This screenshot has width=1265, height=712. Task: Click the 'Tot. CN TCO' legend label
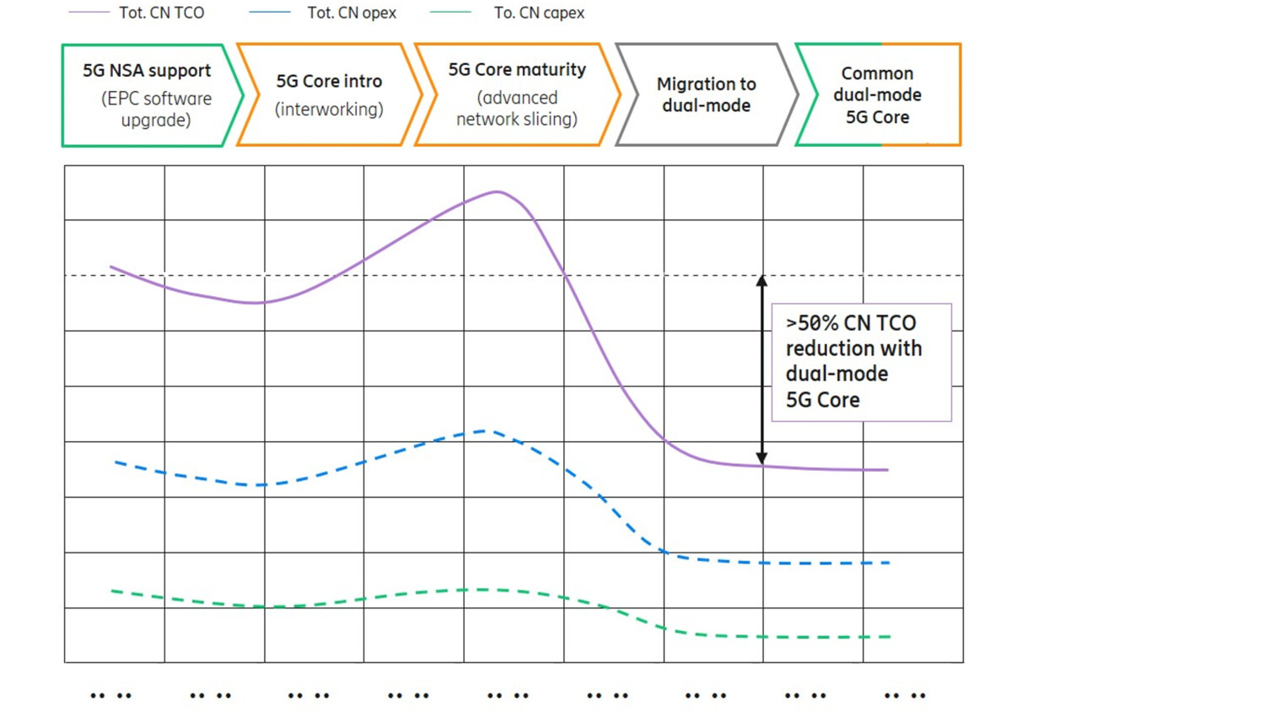pos(161,13)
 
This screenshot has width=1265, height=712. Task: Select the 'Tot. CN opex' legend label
pos(351,13)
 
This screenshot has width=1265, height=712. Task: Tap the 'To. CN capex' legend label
pos(539,13)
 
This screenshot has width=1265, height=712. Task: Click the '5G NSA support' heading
pos(147,71)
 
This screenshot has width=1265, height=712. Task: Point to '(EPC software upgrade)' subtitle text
pos(156,109)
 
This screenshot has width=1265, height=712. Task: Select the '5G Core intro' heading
pos(329,81)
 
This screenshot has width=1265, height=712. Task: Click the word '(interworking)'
pos(329,110)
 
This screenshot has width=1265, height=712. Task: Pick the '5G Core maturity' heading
pos(517,70)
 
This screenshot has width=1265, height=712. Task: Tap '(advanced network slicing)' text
pos(517,109)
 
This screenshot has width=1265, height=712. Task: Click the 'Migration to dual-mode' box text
pos(706,94)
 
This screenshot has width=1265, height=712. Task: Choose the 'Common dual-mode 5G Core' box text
pos(877,95)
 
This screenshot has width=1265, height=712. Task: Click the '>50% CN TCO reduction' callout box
pos(861,362)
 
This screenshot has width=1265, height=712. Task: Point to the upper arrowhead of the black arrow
pos(762,281)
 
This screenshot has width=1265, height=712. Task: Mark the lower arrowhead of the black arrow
pos(762,458)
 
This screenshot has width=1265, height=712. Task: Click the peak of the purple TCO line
pos(497,191)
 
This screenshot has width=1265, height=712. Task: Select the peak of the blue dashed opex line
pos(484,431)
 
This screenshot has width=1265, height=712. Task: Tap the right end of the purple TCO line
pos(887,470)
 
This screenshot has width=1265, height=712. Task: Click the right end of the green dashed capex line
pos(890,637)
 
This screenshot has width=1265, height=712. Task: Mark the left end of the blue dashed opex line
pos(116,462)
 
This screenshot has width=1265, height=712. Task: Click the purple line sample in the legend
pos(89,13)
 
